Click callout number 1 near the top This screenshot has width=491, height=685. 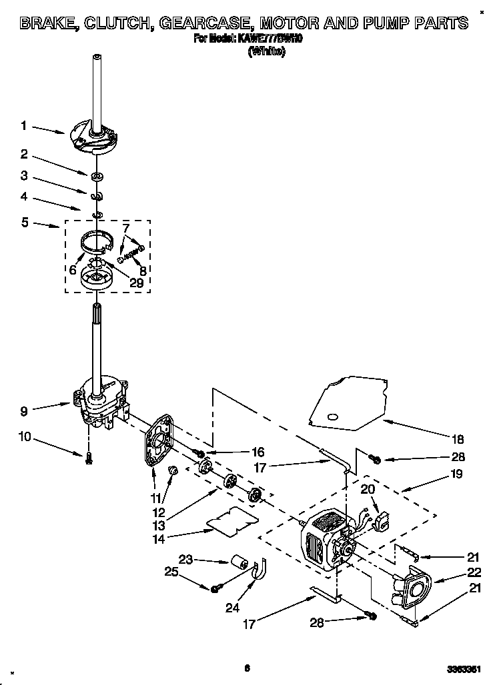coord(23,125)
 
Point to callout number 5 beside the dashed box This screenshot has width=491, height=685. coord(25,223)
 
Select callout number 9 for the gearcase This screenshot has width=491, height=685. coord(24,411)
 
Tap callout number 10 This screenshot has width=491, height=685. coord(25,436)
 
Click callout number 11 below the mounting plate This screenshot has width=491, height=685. coord(157,498)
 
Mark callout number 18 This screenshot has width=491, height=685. coord(458,440)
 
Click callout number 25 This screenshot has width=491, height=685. coord(171,572)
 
